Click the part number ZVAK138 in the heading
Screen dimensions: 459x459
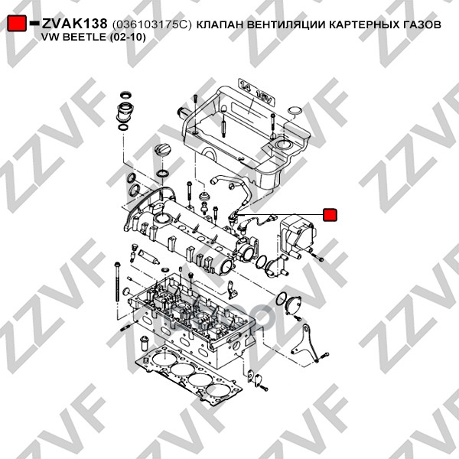[75, 24]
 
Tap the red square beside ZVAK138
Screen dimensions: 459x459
[17, 23]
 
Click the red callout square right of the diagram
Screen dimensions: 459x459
[330, 214]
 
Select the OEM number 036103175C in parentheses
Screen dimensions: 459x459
[151, 24]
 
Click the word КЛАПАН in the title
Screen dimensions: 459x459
[220, 24]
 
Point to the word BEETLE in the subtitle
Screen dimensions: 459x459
[85, 37]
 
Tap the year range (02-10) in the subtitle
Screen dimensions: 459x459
[128, 37]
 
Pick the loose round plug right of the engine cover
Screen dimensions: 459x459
[295, 111]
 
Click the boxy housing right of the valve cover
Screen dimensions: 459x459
[296, 235]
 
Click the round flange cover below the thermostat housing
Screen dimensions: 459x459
[293, 304]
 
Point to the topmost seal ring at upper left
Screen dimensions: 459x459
[125, 95]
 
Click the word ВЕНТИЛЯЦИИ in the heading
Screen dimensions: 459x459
[286, 24]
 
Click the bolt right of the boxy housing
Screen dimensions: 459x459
[317, 257]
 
